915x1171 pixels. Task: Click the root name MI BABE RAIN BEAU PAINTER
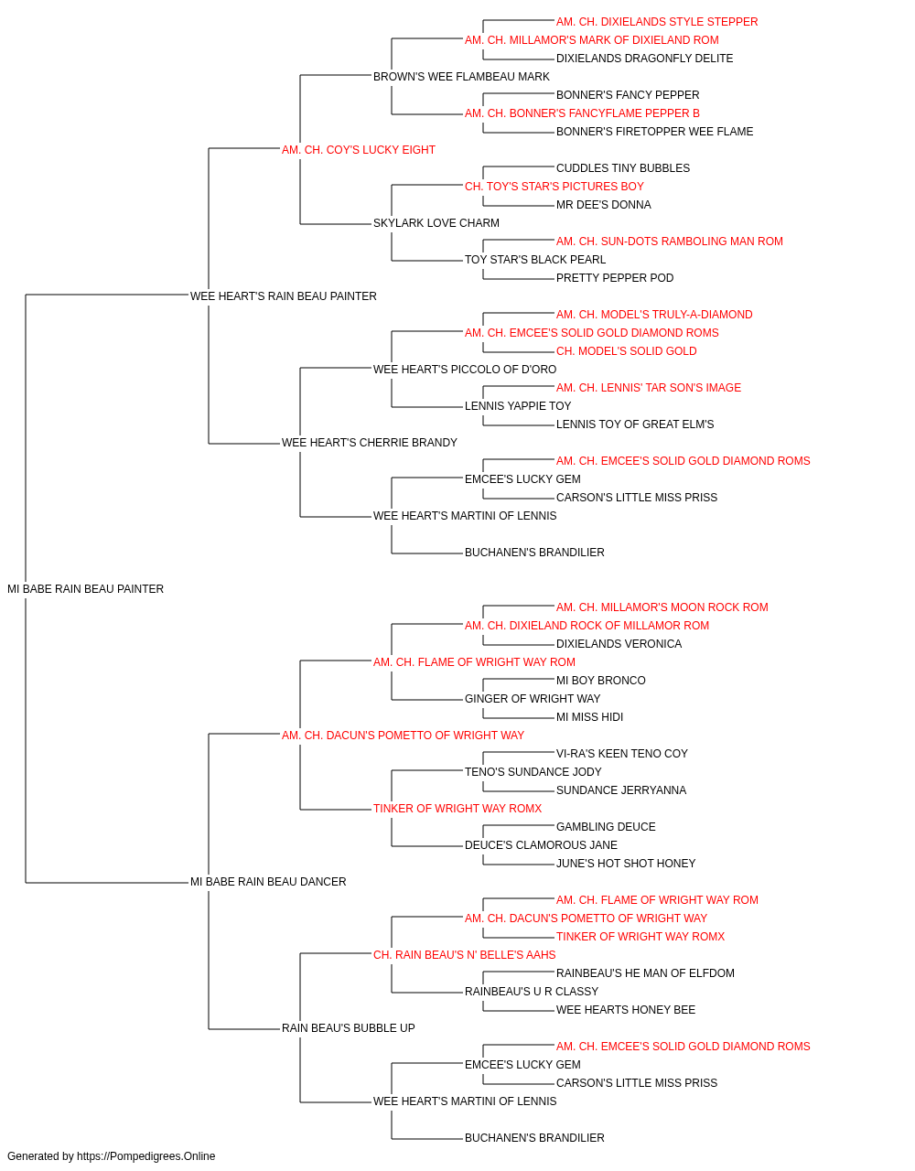[x=85, y=589]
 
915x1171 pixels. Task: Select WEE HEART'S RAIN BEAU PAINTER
[x=284, y=296]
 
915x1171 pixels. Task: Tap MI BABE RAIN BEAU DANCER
[x=268, y=882]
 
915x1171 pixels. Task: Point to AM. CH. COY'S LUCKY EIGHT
[x=359, y=150]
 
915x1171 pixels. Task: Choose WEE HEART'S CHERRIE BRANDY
[x=369, y=443]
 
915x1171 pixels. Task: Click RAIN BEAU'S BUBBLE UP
[x=348, y=1028]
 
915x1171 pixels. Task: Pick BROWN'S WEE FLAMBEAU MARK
[x=461, y=77]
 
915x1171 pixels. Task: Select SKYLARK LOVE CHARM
[x=436, y=223]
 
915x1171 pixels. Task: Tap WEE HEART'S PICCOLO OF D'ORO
[x=465, y=370]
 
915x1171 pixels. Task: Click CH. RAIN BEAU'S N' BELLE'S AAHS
[x=464, y=955]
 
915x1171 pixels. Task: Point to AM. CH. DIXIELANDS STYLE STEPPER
[x=657, y=22]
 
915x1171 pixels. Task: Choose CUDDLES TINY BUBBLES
[x=623, y=168]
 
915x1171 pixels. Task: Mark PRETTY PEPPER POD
[x=615, y=278]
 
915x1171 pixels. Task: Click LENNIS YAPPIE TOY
[x=518, y=406]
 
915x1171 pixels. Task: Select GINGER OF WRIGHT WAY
[x=533, y=699]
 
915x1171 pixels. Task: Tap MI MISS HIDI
[x=589, y=717]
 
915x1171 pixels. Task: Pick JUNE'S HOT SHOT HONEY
[x=626, y=864]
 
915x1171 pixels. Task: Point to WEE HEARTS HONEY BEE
[x=626, y=1010]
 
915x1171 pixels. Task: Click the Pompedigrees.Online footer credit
[x=111, y=1156]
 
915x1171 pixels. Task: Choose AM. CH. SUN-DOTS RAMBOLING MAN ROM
[x=669, y=242]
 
